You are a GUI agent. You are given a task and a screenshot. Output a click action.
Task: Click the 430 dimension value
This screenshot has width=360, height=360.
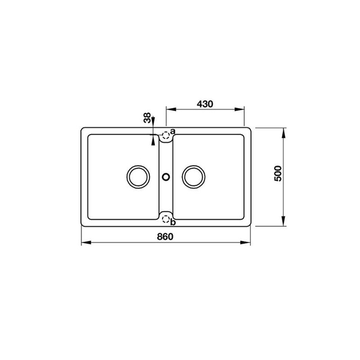click(x=205, y=103)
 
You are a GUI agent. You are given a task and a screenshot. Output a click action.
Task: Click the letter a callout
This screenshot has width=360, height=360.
click(x=172, y=131)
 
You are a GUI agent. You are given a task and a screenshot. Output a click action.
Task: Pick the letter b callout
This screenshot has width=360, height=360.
click(x=173, y=223)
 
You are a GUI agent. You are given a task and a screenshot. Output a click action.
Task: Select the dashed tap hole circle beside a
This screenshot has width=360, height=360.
click(x=166, y=136)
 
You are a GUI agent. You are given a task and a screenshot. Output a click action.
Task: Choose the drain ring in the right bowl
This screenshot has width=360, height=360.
click(x=194, y=176)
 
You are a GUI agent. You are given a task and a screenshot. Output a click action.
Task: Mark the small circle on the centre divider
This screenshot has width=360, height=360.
click(x=166, y=176)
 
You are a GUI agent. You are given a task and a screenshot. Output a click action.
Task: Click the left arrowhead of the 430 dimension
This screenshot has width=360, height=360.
click(x=169, y=110)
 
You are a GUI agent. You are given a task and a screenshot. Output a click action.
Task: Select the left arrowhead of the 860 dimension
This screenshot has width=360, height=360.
click(x=83, y=243)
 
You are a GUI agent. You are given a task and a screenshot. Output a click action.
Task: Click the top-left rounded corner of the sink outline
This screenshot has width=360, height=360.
click(x=84, y=130)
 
